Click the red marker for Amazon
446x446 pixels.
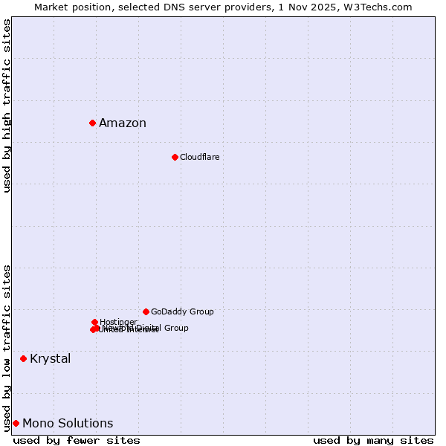click(92, 123)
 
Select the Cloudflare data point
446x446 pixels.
click(175, 157)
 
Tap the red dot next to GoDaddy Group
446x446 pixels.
click(146, 311)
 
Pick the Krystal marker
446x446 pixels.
click(23, 358)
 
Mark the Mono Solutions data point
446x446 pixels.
click(16, 423)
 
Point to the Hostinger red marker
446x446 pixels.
click(94, 322)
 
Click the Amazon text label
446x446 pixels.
click(123, 123)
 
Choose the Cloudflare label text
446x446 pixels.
click(199, 157)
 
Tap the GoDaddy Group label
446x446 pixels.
click(182, 311)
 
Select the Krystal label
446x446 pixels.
click(51, 359)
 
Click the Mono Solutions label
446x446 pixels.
click(68, 424)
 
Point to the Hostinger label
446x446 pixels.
click(118, 322)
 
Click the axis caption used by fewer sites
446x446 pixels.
click(77, 440)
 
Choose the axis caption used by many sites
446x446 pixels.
click(373, 440)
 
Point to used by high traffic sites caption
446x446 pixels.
click(7, 106)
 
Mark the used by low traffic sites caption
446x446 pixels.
click(7, 347)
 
